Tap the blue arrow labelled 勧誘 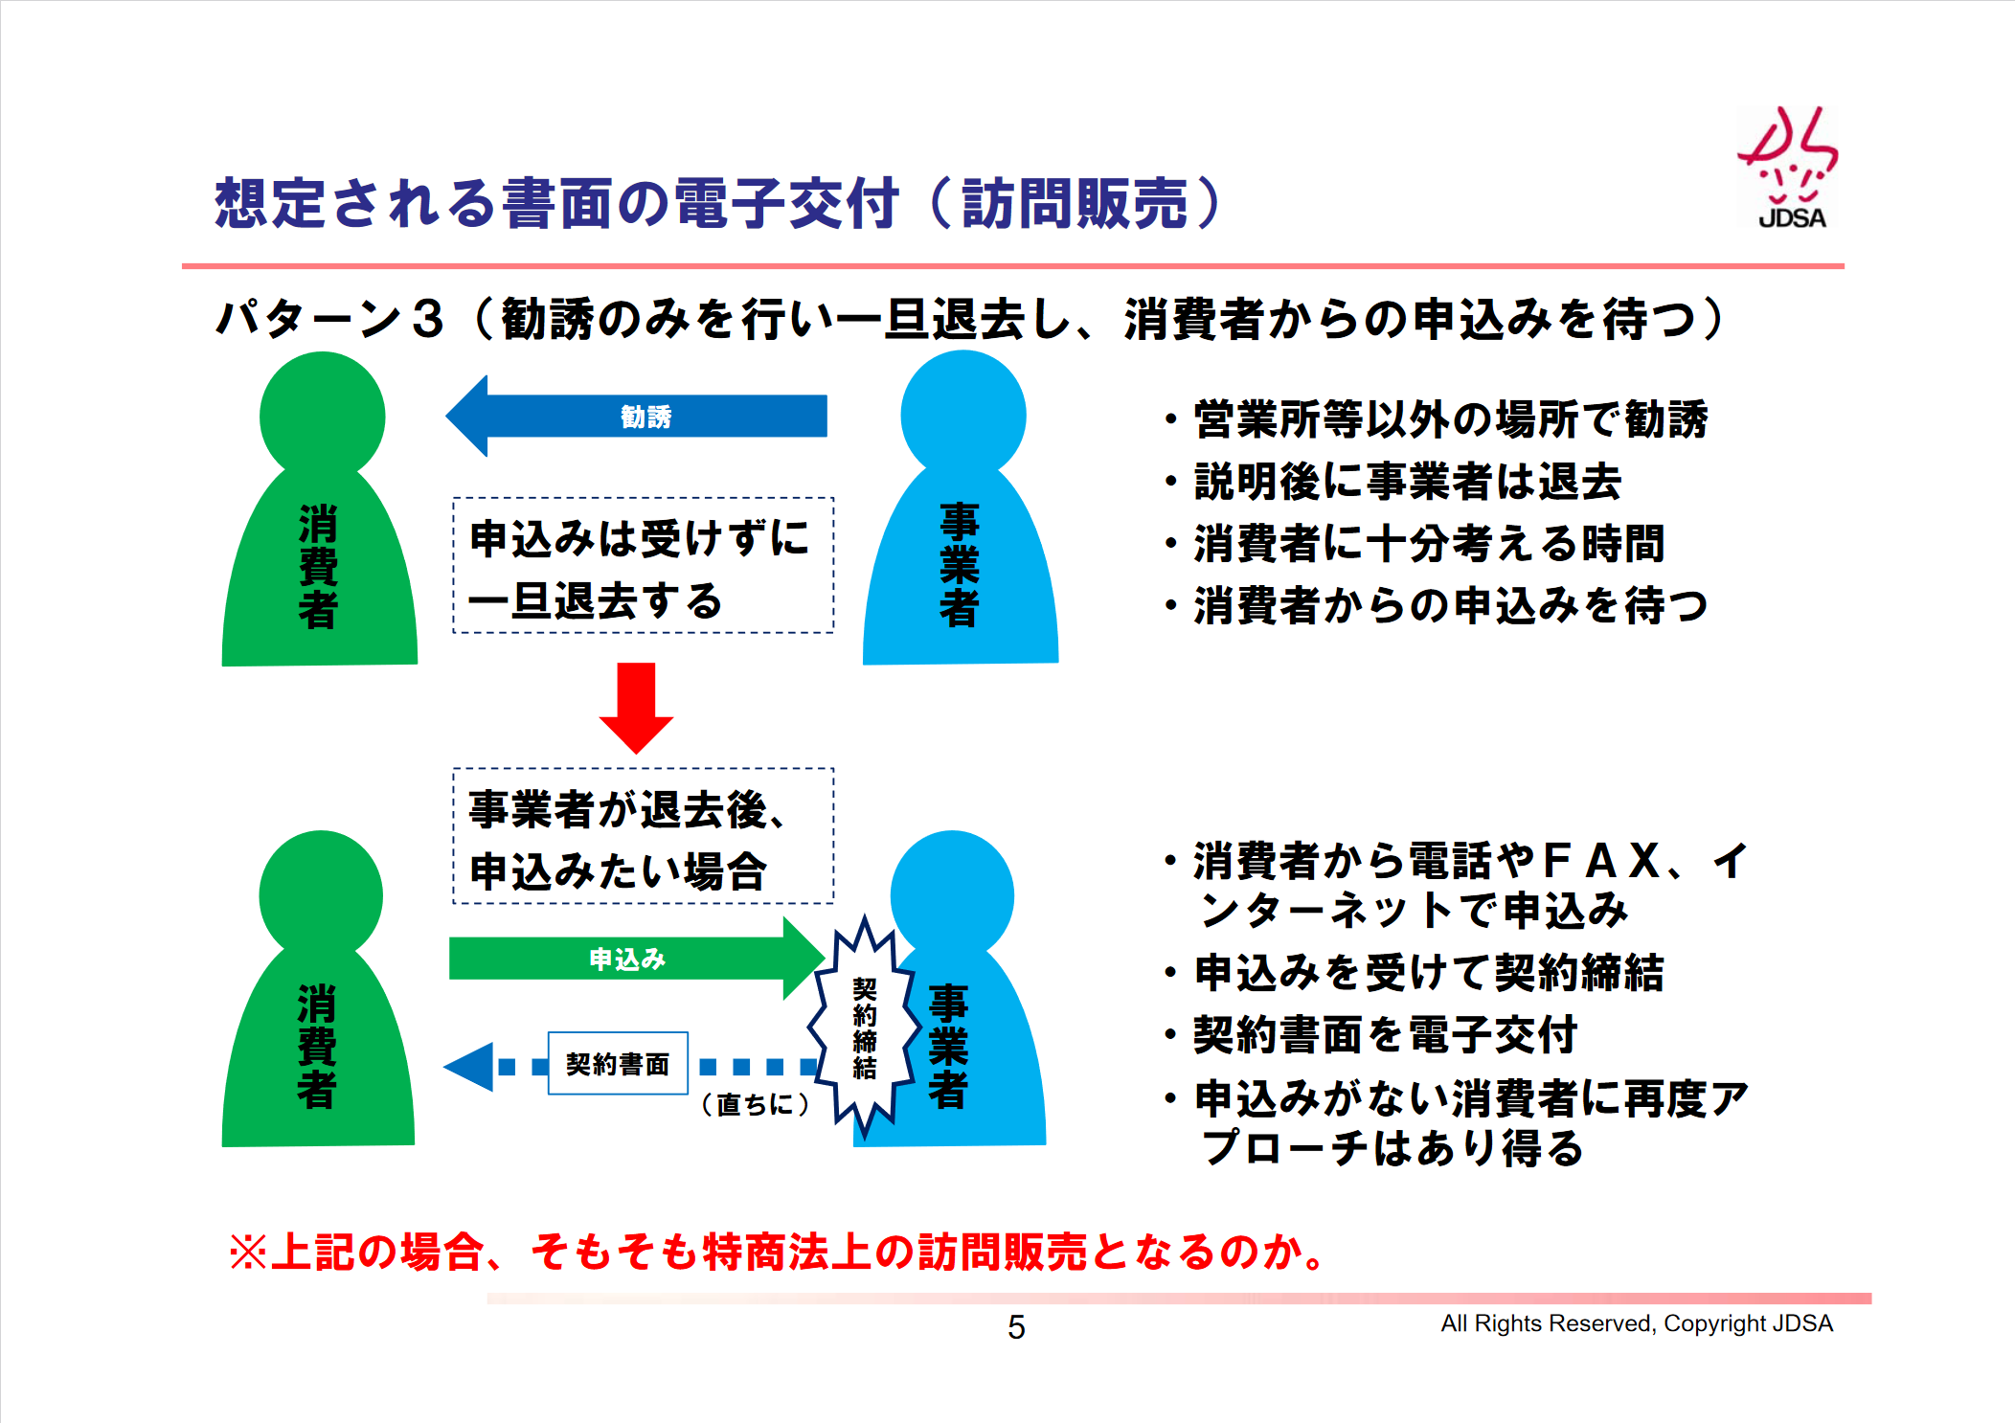pyautogui.click(x=637, y=417)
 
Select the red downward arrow pyautogui.click(x=636, y=708)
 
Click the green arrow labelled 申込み pyautogui.click(x=637, y=958)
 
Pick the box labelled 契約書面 pyautogui.click(x=618, y=1063)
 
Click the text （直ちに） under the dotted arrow pyautogui.click(x=756, y=1104)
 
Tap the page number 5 pyautogui.click(x=1016, y=1327)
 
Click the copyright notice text pyautogui.click(x=1637, y=1323)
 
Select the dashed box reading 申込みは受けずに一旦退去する pyautogui.click(x=644, y=565)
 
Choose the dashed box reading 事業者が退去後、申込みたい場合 pyautogui.click(x=644, y=836)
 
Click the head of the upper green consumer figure pyautogui.click(x=322, y=416)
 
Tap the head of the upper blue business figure pyautogui.click(x=963, y=414)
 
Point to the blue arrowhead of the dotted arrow pyautogui.click(x=469, y=1066)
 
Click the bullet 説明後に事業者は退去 pyautogui.click(x=1394, y=481)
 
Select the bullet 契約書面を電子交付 pyautogui.click(x=1372, y=1035)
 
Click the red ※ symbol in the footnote pyautogui.click(x=248, y=1252)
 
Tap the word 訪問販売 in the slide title pyautogui.click(x=1075, y=203)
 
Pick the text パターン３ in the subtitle pyautogui.click(x=331, y=318)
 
